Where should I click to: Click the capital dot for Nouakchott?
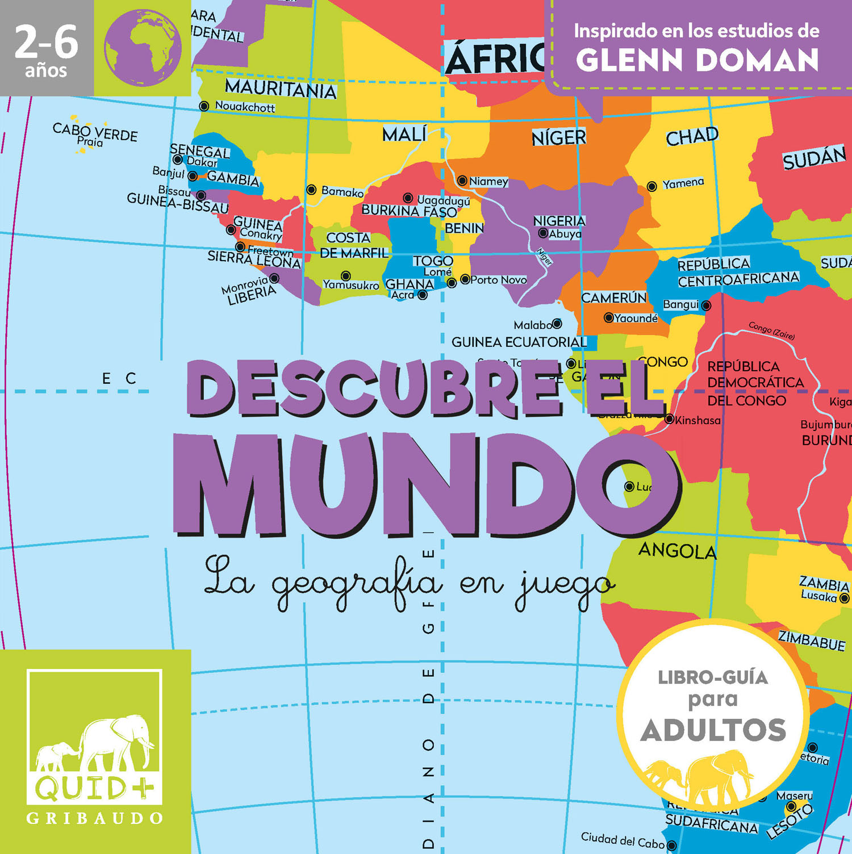point(204,106)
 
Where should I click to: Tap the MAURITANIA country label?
point(281,89)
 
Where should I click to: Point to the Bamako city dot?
point(311,190)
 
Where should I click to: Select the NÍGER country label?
point(558,137)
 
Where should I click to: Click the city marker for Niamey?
point(462,181)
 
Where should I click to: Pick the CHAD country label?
point(692,136)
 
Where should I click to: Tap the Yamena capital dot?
point(652,186)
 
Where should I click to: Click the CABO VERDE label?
point(95,132)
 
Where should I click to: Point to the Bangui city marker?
point(707,305)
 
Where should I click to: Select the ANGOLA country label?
point(677,550)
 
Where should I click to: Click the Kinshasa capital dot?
point(669,420)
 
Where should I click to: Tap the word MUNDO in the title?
point(426,485)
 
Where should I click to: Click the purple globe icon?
point(143,48)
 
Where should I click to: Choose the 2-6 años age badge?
point(46,49)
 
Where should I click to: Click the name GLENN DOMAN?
point(697,60)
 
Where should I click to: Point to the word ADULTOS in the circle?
point(713,730)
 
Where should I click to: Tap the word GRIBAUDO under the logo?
point(95,818)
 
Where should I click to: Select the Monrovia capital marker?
point(274,278)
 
